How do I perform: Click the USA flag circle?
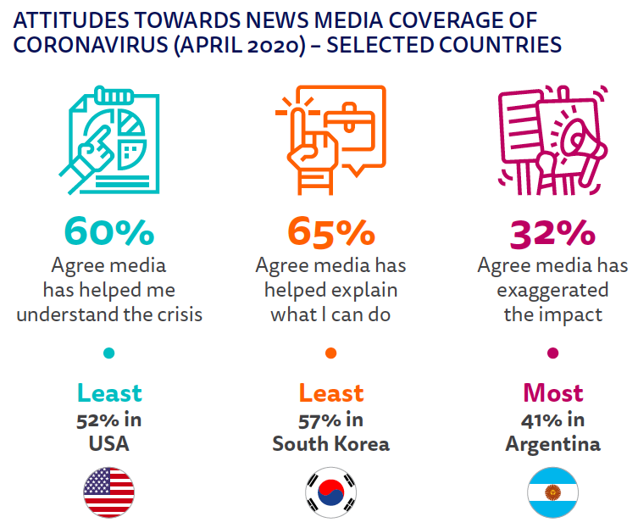pos(109,492)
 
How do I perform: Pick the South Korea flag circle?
pos(330,492)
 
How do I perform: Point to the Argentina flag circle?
pos(552,492)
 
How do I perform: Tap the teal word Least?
pos(109,393)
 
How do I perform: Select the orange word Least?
pos(330,393)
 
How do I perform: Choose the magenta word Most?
pos(552,393)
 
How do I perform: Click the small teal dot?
pos(109,353)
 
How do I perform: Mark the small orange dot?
pos(330,353)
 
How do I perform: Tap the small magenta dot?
pos(552,353)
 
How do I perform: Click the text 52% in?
pos(109,420)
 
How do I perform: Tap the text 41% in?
pos(552,420)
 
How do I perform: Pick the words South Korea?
pos(330,444)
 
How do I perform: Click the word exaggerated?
pos(552,290)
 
